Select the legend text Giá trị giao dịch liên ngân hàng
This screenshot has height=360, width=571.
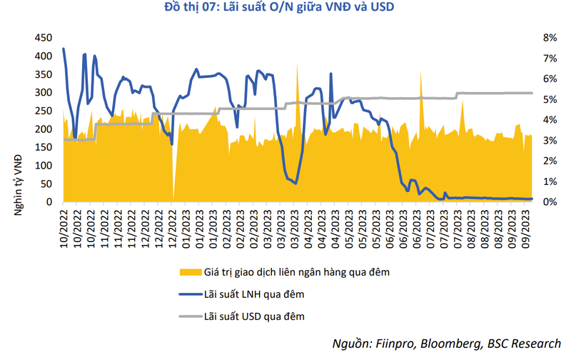(x=297, y=271)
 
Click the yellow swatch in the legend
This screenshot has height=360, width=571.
(x=186, y=271)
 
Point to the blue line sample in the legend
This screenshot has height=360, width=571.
(x=186, y=293)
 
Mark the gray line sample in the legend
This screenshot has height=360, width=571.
(x=186, y=314)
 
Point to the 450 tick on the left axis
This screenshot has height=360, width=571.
(x=44, y=38)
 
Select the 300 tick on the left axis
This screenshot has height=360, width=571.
(x=44, y=93)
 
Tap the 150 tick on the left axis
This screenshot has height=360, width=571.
(x=44, y=147)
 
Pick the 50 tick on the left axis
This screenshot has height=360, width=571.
(x=46, y=184)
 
